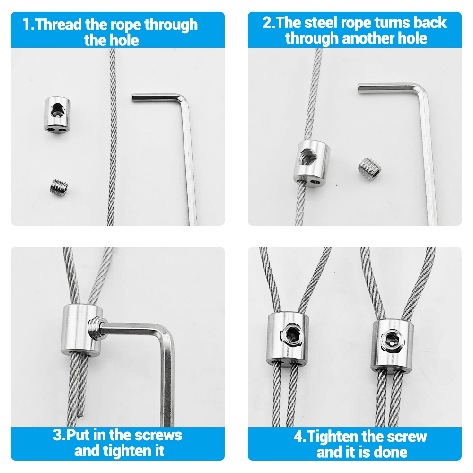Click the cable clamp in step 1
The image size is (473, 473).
tap(58, 115)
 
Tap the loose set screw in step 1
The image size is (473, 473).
tap(59, 188)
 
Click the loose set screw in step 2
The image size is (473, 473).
tap(369, 167)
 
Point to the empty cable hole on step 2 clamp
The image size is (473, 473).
tap(315, 182)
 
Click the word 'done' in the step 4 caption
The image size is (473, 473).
tap(392, 452)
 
